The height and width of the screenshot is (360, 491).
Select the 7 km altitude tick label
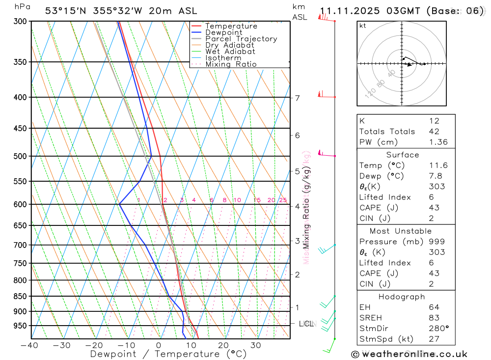298,98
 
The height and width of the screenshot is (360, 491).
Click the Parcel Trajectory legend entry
241,39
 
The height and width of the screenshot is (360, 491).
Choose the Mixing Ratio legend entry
231,64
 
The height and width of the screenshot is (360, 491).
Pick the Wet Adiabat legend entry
230,52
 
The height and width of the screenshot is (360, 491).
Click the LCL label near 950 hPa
306,324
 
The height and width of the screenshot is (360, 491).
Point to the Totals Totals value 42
434,131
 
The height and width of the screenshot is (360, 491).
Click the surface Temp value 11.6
438,166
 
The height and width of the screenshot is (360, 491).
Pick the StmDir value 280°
438,328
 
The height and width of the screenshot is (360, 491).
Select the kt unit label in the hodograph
363,26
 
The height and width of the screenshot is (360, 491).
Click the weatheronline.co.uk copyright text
409,354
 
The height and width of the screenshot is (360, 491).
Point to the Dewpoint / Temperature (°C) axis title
168,354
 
